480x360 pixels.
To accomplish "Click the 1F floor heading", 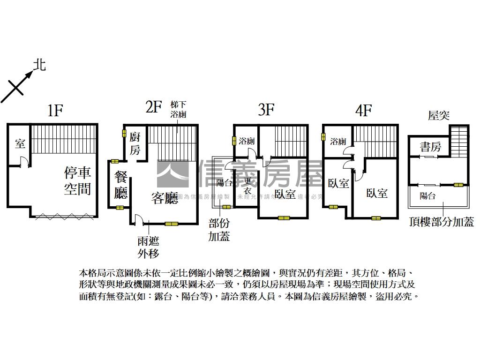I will [55, 111].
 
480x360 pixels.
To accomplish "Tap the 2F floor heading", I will [153, 107].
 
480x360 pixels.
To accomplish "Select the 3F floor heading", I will [266, 110].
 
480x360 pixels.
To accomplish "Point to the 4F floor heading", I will [363, 111].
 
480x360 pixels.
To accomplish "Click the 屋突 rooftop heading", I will [439, 115].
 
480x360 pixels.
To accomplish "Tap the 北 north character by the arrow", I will [40, 65].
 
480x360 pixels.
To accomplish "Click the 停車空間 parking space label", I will [78, 180].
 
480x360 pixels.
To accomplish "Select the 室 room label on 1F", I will [20, 143].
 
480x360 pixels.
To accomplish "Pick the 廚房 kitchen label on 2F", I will [135, 143].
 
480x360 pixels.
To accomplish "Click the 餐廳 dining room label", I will [121, 185].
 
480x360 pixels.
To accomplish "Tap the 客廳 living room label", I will [165, 199].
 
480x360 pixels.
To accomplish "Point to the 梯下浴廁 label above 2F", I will [179, 110].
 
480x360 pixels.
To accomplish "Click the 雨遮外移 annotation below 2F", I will [148, 247].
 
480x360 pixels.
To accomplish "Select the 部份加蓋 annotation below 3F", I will [219, 230].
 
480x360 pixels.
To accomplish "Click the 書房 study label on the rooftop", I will [430, 147].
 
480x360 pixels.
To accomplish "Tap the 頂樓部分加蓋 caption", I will [441, 223].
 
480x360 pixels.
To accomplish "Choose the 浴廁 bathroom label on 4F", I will [338, 141].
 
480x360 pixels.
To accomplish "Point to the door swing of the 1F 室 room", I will [26, 162].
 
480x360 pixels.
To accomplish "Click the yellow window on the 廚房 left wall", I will [125, 134].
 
